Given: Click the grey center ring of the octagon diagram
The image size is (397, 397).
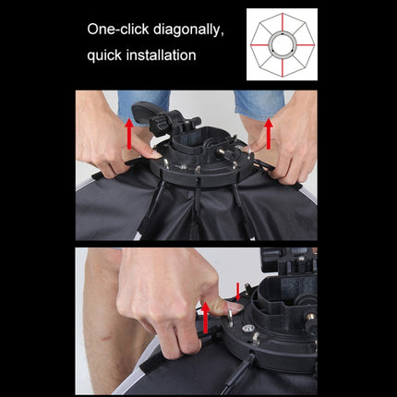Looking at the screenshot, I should pos(282,43).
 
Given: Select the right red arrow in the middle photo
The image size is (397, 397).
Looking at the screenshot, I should pos(269,131).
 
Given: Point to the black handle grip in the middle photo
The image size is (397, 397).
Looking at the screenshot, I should pos(148,114).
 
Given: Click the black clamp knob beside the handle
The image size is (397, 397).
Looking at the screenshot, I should pos(180,121).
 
